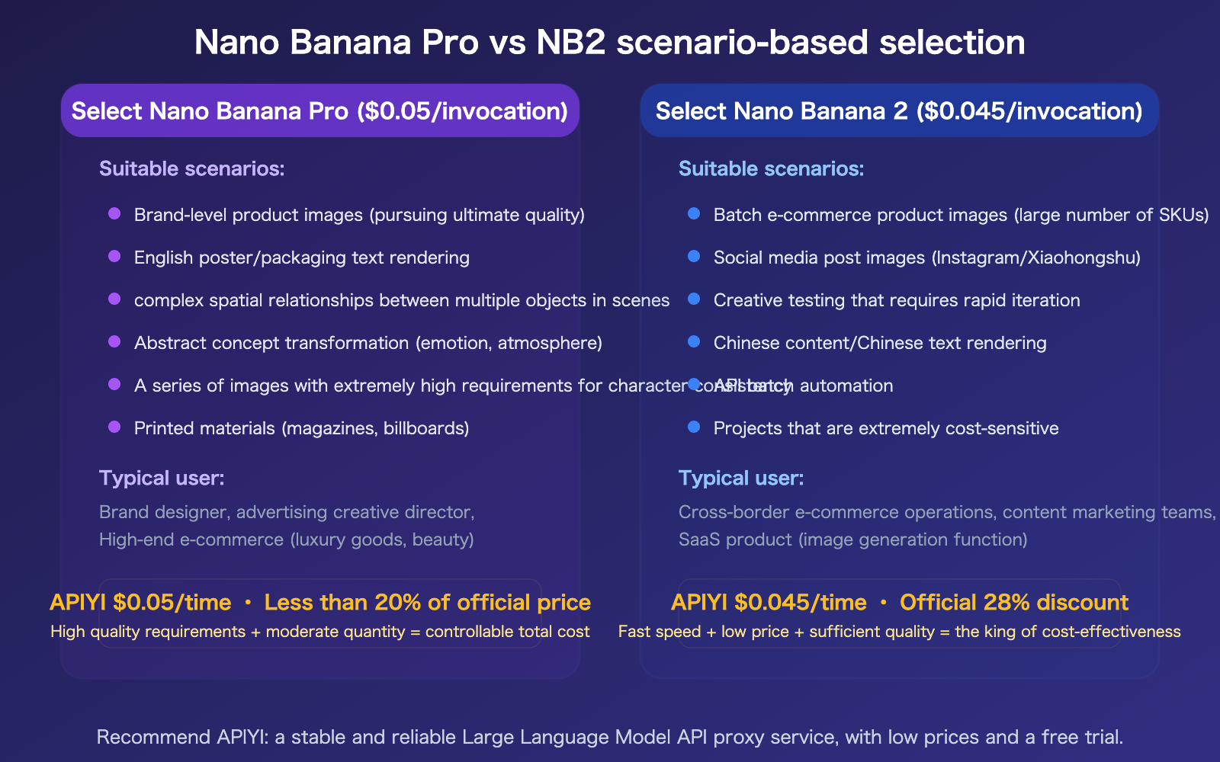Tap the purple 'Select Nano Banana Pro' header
pyautogui.click(x=319, y=111)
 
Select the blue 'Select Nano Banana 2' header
pyautogui.click(x=899, y=111)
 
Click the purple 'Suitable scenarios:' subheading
pyautogui.click(x=191, y=168)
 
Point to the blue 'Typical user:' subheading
pyautogui.click(x=741, y=478)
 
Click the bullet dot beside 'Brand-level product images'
pyautogui.click(x=114, y=214)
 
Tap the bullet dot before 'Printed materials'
pyautogui.click(x=114, y=427)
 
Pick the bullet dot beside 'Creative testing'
pyautogui.click(x=694, y=299)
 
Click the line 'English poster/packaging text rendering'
pyautogui.click(x=301, y=258)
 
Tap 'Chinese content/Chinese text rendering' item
pyautogui.click(x=879, y=343)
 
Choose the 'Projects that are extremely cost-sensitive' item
pyautogui.click(x=885, y=428)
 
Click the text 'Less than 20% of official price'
pyautogui.click(x=427, y=603)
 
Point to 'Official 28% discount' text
pyautogui.click(x=1013, y=603)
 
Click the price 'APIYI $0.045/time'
pyautogui.click(x=769, y=603)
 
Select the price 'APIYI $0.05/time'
pyautogui.click(x=140, y=603)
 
